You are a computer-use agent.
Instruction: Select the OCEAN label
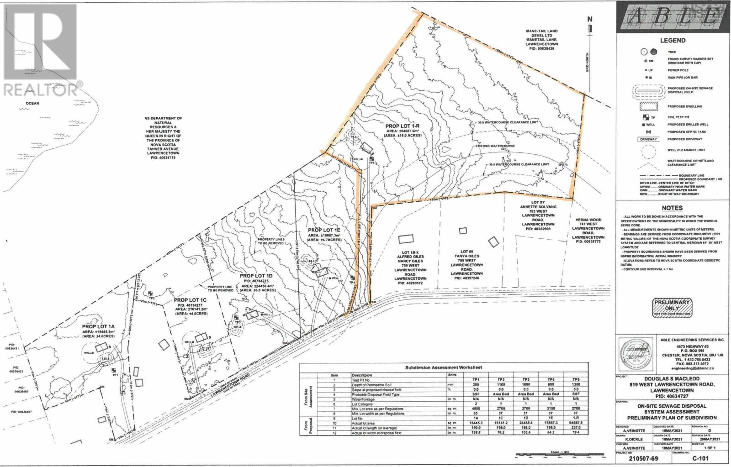coord(32,103)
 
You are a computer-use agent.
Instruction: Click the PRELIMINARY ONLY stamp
coord(672,308)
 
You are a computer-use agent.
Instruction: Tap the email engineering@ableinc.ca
coord(692,367)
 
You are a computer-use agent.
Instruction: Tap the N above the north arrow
coord(589,19)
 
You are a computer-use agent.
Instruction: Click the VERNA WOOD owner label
coord(588,220)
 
